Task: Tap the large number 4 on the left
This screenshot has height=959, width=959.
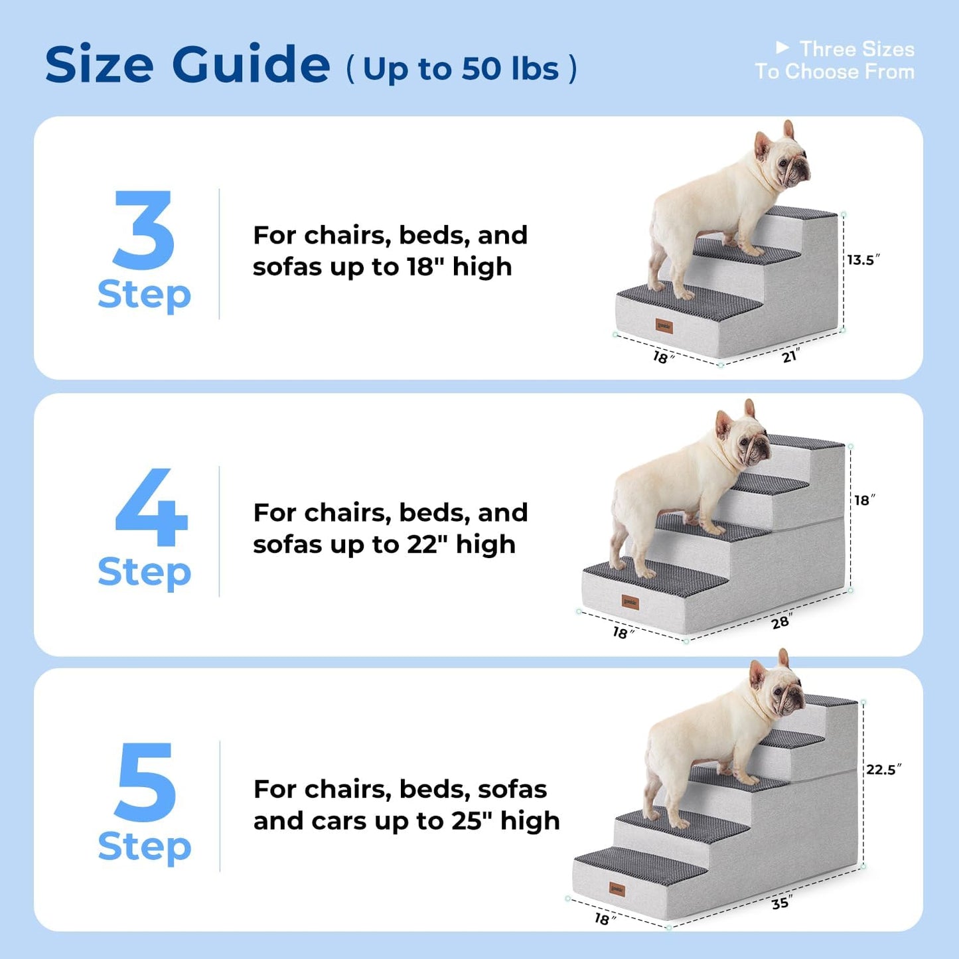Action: click(x=151, y=507)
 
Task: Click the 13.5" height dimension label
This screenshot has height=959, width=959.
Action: click(x=863, y=259)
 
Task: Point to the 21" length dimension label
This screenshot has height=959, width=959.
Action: click(x=790, y=356)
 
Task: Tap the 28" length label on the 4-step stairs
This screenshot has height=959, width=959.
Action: click(x=781, y=622)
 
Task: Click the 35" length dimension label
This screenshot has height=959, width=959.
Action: click(x=781, y=903)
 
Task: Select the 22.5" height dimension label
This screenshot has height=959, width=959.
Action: click(x=883, y=769)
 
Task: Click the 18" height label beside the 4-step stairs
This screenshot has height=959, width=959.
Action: click(x=864, y=500)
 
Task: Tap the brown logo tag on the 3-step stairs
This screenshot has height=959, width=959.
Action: click(x=664, y=326)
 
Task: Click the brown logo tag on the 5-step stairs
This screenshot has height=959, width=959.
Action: click(x=617, y=889)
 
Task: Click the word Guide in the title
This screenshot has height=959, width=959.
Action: click(x=251, y=64)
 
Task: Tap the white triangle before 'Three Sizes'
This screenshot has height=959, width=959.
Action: click(x=782, y=48)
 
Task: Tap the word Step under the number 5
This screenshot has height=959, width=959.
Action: click(x=145, y=848)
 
